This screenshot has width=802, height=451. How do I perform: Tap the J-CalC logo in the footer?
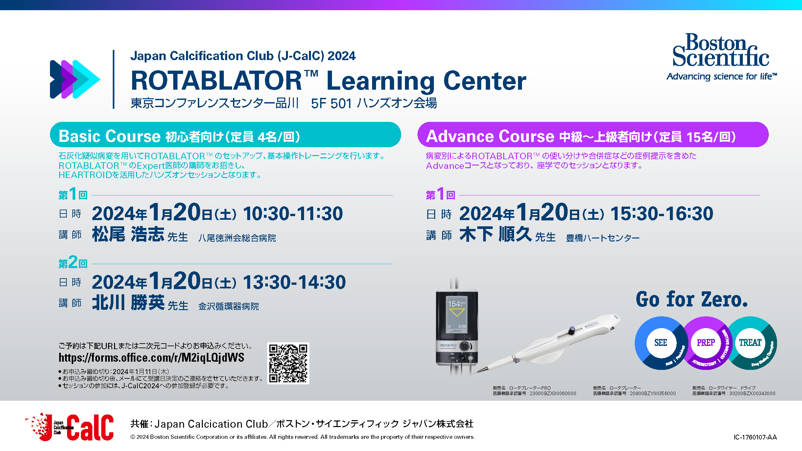[70, 427]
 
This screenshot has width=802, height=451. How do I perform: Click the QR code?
[288, 363]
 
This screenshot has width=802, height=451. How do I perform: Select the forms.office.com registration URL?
[151, 357]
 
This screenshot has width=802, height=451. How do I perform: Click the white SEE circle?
[661, 343]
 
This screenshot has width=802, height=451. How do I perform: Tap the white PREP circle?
[706, 343]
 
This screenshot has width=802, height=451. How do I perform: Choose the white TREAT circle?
[750, 343]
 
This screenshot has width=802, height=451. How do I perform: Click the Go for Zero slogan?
[692, 300]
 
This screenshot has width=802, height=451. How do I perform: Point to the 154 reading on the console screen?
[454, 304]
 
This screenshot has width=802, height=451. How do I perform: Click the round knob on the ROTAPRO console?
[465, 346]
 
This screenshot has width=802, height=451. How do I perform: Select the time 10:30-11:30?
[293, 214]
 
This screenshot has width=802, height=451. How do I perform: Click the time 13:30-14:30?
[294, 282]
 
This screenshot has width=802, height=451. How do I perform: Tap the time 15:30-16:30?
[662, 214]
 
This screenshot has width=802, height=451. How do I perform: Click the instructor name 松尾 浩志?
[128, 235]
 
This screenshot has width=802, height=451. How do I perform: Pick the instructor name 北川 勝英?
[128, 303]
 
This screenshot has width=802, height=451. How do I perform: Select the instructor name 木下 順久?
[495, 235]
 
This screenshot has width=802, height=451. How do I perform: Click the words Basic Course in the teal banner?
[109, 136]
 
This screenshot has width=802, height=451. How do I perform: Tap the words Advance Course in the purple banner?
[490, 136]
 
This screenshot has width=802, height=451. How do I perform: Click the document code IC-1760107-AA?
[755, 437]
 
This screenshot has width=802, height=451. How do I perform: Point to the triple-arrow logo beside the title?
[75, 79]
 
